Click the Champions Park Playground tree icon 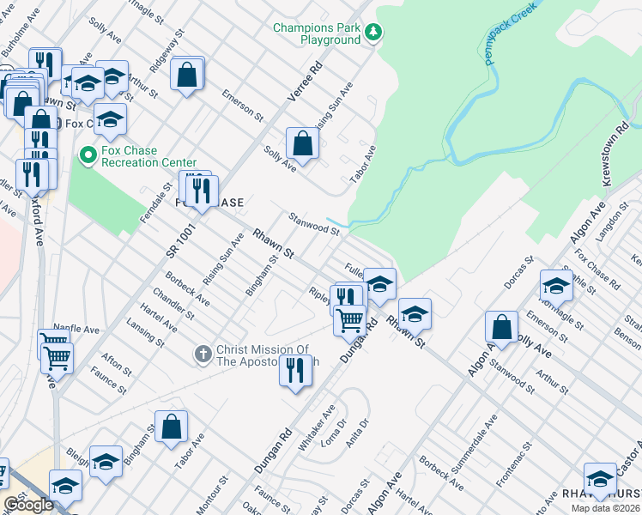373,33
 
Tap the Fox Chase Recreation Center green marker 87,155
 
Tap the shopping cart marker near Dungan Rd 349,320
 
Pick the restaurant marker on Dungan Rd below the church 295,371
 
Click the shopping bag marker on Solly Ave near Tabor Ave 302,143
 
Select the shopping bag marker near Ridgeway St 186,75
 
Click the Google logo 28,505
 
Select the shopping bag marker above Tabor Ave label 172,426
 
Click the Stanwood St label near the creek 314,224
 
